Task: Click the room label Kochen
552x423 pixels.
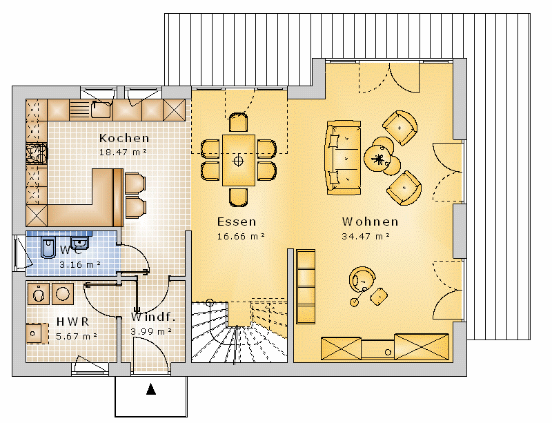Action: pos(124,138)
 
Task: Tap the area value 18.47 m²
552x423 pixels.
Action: pos(123,152)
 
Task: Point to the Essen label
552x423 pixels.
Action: pos(237,222)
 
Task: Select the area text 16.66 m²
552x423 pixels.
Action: pos(241,236)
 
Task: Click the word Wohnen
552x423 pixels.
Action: pos(370,222)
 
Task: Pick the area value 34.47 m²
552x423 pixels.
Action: pos(366,236)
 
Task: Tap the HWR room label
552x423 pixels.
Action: pos(73,322)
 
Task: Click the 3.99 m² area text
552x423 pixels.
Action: pos(151,331)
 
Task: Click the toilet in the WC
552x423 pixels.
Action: pos(48,247)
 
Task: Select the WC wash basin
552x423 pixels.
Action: pos(79,243)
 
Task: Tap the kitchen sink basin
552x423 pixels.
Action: pos(101,110)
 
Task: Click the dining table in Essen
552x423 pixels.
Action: pos(238,160)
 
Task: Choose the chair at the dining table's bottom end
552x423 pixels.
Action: pos(238,197)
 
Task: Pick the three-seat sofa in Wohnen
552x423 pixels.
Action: pos(343,158)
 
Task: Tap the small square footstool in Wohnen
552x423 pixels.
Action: pos(379,297)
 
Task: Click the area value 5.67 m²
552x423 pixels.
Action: pos(77,336)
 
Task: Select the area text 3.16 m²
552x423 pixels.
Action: pos(80,264)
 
